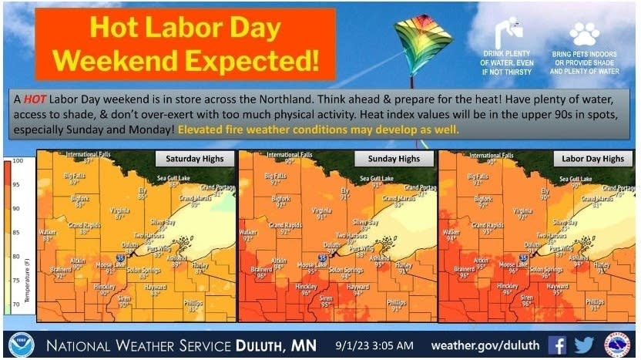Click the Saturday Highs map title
194,159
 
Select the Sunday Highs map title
393,159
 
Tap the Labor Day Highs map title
590,159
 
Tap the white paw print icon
583,34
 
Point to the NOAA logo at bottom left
20,344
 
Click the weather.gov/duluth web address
485,344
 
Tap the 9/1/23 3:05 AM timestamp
375,344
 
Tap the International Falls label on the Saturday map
88,155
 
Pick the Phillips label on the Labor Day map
595,301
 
